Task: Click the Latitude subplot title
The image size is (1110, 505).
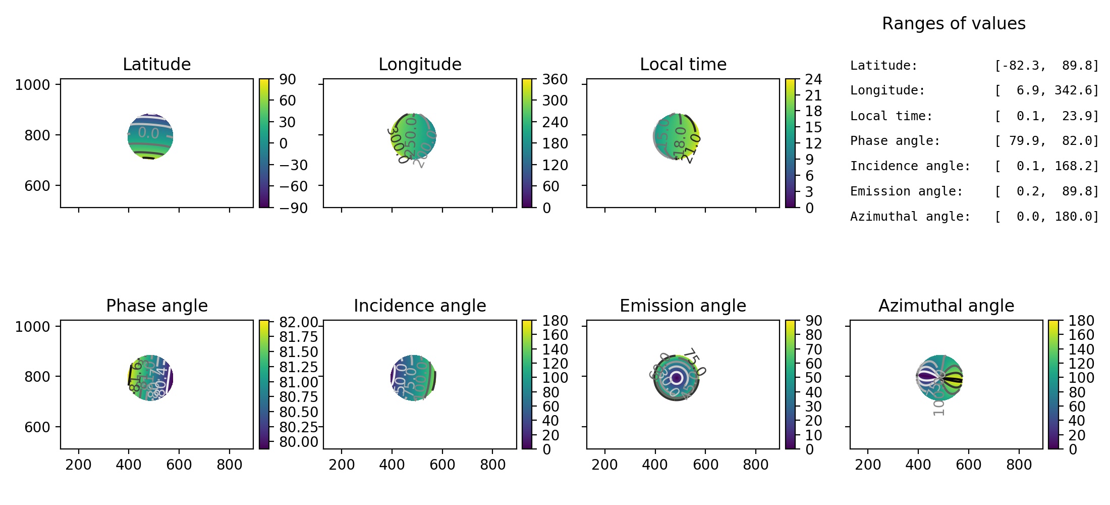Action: [x=156, y=65]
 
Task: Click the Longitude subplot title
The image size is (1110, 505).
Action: [x=420, y=65]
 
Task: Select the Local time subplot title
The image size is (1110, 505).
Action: [x=683, y=65]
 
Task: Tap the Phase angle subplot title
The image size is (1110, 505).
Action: [x=156, y=306]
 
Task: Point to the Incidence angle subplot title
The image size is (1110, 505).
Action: [x=420, y=306]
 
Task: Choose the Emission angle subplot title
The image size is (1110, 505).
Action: [x=683, y=306]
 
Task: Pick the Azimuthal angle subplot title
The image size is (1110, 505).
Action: [x=946, y=306]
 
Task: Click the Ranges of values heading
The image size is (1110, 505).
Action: [x=954, y=24]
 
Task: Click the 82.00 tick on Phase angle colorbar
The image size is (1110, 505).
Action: [x=299, y=322]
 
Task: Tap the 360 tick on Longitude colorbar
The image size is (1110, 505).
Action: [x=555, y=80]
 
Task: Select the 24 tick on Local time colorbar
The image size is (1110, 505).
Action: [x=813, y=80]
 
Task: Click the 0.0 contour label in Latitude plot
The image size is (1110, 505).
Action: [x=148, y=133]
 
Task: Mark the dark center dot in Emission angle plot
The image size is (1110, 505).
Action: [x=677, y=378]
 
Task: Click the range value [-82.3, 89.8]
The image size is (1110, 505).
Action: [x=1046, y=66]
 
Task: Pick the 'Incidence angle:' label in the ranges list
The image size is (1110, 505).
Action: [x=910, y=166]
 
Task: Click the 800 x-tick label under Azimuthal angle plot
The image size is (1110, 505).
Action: [x=1019, y=465]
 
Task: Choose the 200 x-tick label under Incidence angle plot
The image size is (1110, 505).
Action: [x=342, y=465]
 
